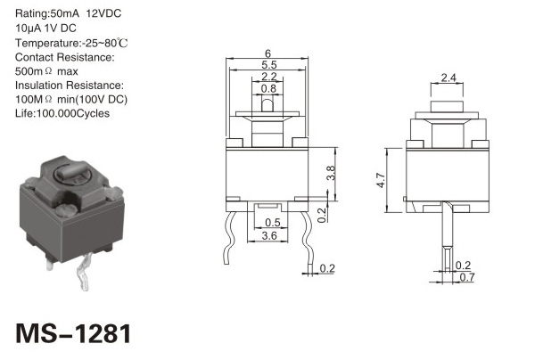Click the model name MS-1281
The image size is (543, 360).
pyautogui.click(x=73, y=333)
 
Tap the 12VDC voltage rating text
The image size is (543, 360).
pyautogui.click(x=103, y=13)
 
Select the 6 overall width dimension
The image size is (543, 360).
pyautogui.click(x=267, y=53)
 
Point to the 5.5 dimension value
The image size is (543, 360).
pyautogui.click(x=269, y=64)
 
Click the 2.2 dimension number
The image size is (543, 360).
pyautogui.click(x=269, y=77)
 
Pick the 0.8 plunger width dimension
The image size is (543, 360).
pyautogui.click(x=268, y=88)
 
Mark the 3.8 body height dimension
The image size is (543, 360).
pyautogui.click(x=331, y=173)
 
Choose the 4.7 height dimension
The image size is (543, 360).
pyautogui.click(x=381, y=180)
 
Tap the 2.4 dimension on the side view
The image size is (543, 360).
pyautogui.click(x=448, y=78)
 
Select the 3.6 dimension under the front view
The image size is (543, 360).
pyautogui.click(x=269, y=236)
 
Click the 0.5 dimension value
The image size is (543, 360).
pyautogui.click(x=273, y=222)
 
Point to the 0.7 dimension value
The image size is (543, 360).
pyautogui.click(x=467, y=277)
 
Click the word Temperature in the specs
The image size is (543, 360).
pyautogui.click(x=46, y=44)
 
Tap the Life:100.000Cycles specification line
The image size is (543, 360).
pyautogui.click(x=62, y=113)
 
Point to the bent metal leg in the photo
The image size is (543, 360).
pyautogui.click(x=84, y=272)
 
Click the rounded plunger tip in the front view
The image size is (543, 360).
pyautogui.click(x=267, y=105)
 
